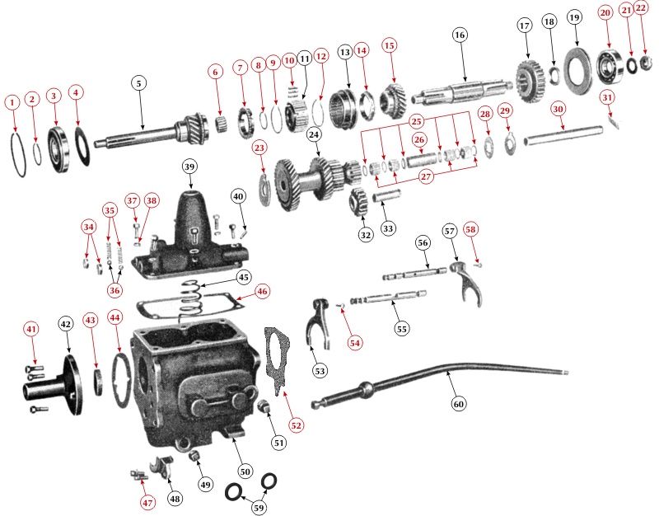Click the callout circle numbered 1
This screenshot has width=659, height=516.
tap(12, 102)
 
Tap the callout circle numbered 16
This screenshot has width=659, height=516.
tap(460, 35)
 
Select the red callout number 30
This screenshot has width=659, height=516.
tap(558, 109)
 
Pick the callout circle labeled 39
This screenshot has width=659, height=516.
tap(189, 167)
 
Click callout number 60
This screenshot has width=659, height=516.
tap(459, 404)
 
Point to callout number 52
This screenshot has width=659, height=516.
tap(295, 425)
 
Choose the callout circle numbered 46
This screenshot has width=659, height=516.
tap(261, 291)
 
